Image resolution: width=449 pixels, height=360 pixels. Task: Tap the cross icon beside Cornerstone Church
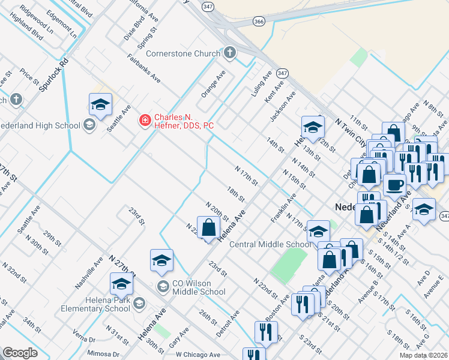click(229, 54)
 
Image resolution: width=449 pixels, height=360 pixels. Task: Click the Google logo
click(20, 353)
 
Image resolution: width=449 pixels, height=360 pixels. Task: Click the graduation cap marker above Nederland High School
click(101, 104)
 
